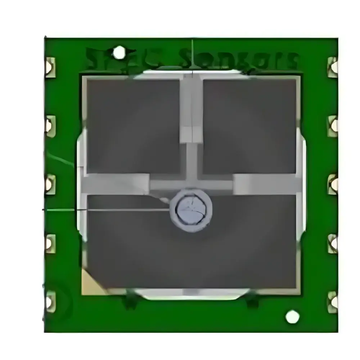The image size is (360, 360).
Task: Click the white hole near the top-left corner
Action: click(x=119, y=53)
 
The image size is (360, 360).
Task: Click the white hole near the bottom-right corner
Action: click(x=292, y=317)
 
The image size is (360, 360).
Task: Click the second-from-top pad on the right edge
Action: click(x=333, y=126)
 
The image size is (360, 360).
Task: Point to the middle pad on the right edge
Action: click(x=333, y=184)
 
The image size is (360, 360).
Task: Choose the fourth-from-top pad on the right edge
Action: click(x=333, y=243)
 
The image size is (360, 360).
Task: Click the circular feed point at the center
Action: click(x=191, y=210)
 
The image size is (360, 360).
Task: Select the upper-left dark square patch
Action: click(x=133, y=126)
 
